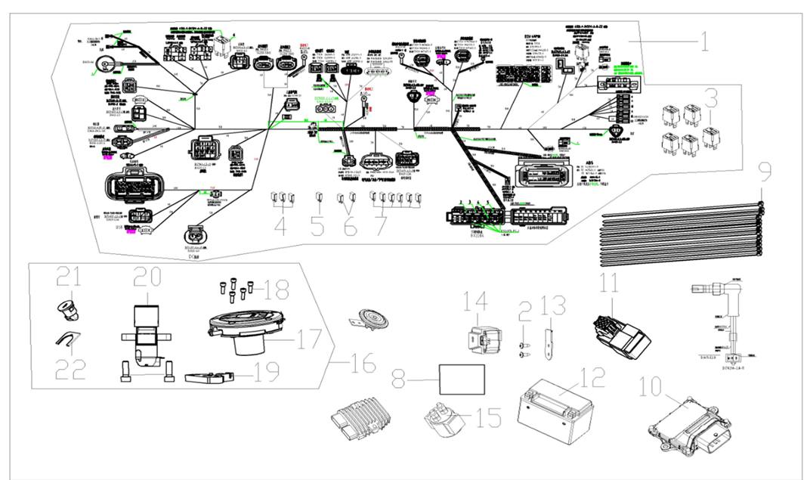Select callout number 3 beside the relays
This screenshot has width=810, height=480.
click(x=710, y=99)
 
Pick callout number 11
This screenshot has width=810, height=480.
click(x=610, y=286)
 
